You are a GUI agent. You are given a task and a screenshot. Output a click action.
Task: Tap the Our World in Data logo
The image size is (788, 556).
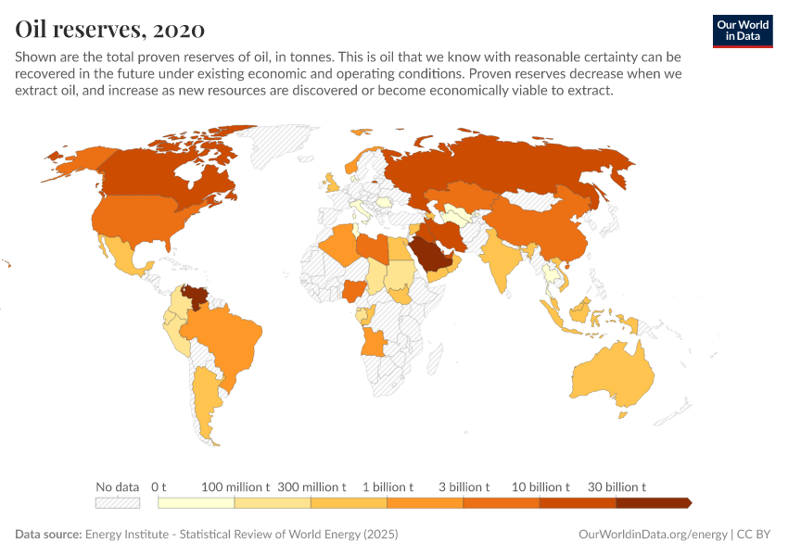[x=742, y=30]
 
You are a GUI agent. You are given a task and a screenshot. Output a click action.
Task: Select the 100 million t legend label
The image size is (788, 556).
[x=235, y=486]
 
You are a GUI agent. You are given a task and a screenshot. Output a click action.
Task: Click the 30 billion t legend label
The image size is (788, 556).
[x=616, y=486]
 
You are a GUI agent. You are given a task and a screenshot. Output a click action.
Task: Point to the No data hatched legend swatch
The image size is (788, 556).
[x=117, y=502]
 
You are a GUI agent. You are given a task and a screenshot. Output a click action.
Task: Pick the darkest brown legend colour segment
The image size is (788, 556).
[x=653, y=502]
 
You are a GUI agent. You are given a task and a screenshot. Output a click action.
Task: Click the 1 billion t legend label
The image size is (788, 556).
[x=387, y=486]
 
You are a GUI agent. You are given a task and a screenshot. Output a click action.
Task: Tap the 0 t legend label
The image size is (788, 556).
[x=159, y=486]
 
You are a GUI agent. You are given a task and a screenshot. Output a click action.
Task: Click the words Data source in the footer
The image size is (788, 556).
[x=48, y=535]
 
